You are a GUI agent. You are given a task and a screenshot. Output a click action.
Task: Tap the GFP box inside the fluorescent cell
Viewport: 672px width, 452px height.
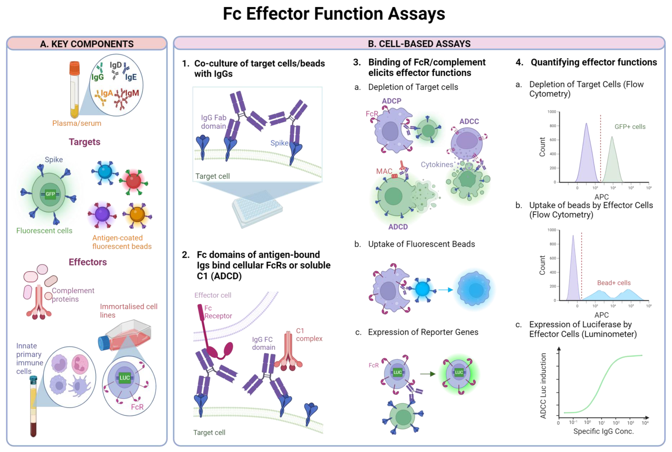(x=50, y=194)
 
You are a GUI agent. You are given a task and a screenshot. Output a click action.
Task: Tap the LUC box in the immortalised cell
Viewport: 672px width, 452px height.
(x=124, y=378)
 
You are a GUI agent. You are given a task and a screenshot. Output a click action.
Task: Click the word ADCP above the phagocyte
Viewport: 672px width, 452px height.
(x=391, y=101)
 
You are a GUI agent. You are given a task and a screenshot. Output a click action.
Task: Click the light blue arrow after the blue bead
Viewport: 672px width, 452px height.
(x=446, y=290)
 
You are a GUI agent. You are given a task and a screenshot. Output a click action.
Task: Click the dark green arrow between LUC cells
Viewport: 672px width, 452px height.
(x=428, y=374)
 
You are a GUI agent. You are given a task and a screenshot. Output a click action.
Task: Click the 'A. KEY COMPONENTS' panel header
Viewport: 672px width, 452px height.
(x=87, y=44)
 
